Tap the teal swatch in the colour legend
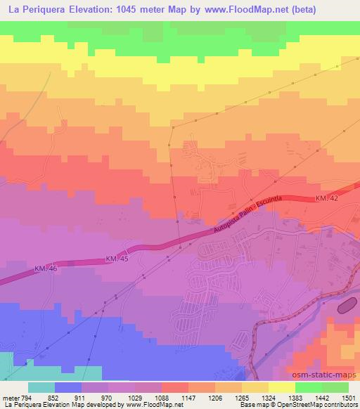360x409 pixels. pos(41,387)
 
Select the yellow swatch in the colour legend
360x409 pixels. pos(282,387)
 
